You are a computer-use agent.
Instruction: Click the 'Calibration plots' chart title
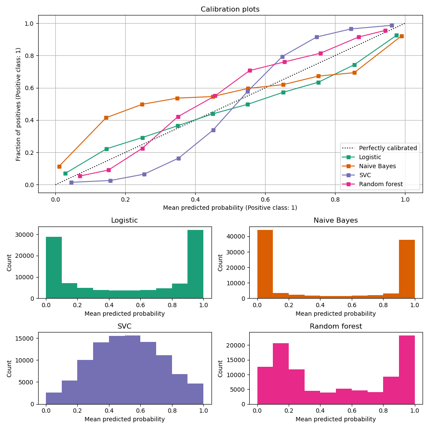click(x=230, y=9)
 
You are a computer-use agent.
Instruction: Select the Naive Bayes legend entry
click(x=377, y=166)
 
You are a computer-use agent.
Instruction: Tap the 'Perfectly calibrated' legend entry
click(x=388, y=148)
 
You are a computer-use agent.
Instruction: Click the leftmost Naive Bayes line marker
click(x=59, y=166)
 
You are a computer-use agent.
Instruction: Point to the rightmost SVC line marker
click(x=392, y=25)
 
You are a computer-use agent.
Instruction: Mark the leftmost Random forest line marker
click(x=80, y=176)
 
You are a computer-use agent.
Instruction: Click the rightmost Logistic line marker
click(x=396, y=35)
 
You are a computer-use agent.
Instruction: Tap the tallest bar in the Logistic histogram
click(x=195, y=264)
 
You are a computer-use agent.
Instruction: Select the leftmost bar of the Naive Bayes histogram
click(x=265, y=264)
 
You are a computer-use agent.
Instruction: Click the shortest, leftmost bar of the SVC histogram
click(x=54, y=398)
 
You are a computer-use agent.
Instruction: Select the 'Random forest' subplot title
click(x=336, y=326)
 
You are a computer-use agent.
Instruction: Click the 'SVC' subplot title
click(x=124, y=326)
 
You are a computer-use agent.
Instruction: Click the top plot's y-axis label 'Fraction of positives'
click(x=18, y=104)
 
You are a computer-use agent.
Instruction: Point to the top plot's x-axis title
click(x=230, y=208)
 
